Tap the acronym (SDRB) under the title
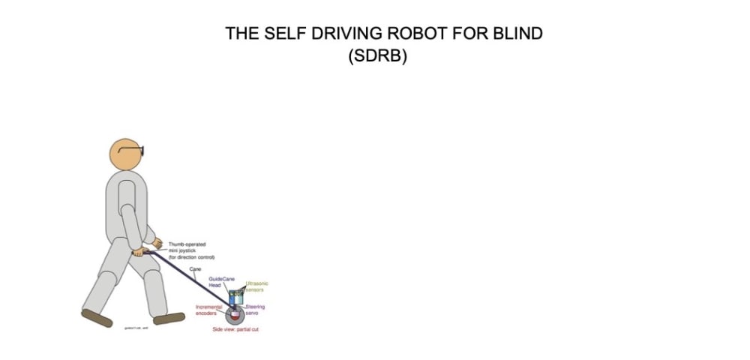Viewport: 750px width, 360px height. [x=377, y=57]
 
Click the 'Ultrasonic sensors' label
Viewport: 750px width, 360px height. [x=256, y=286]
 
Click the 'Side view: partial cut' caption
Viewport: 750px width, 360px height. [x=235, y=329]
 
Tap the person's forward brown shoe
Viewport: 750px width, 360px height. [x=169, y=318]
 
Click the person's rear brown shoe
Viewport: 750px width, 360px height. [x=96, y=318]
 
